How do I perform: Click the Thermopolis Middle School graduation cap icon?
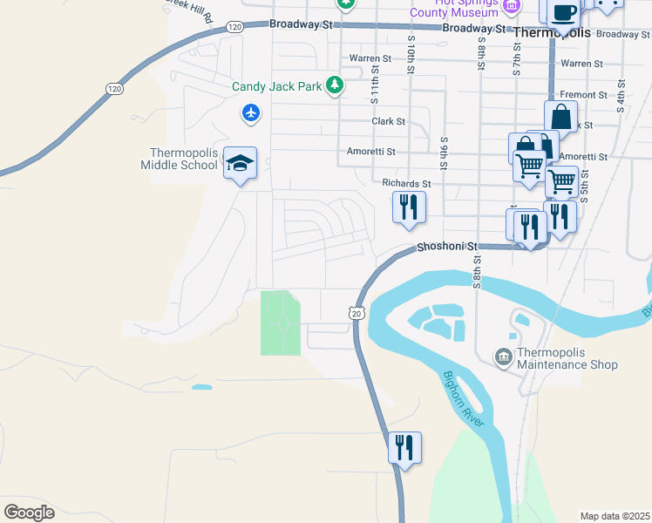tap(240, 162)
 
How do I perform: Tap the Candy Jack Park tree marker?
tap(333, 85)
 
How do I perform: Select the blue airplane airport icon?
tap(251, 112)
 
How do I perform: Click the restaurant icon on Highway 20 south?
tap(404, 448)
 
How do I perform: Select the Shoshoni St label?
tap(448, 247)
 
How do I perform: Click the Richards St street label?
tap(406, 184)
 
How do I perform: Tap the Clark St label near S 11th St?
tap(388, 122)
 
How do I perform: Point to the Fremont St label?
tap(583, 95)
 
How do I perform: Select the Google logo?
tap(30, 513)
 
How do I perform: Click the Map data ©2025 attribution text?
tap(615, 516)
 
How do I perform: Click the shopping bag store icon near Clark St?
tap(561, 117)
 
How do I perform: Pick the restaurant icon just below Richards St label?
tap(408, 207)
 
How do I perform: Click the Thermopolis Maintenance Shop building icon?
tap(503, 356)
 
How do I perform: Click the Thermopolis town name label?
tap(552, 32)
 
